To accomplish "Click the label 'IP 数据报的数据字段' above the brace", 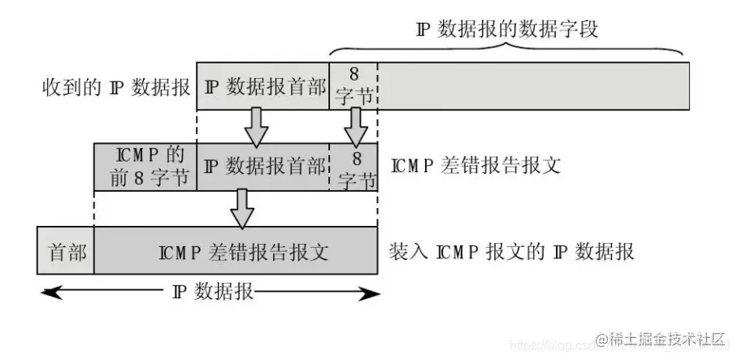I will (x=506, y=30).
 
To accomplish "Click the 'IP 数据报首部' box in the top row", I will (x=263, y=86).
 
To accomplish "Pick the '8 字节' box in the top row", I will (x=354, y=86).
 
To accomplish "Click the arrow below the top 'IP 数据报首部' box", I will (x=258, y=126).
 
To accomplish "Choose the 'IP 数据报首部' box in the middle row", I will (x=263, y=167).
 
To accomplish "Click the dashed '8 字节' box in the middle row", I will (x=354, y=167).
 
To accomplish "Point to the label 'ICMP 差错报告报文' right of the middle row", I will (x=475, y=166).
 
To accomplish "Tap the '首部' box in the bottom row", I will (x=66, y=251).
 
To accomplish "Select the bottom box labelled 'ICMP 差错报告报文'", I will (x=236, y=251).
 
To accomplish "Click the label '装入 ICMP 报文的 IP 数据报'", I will (x=511, y=251).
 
